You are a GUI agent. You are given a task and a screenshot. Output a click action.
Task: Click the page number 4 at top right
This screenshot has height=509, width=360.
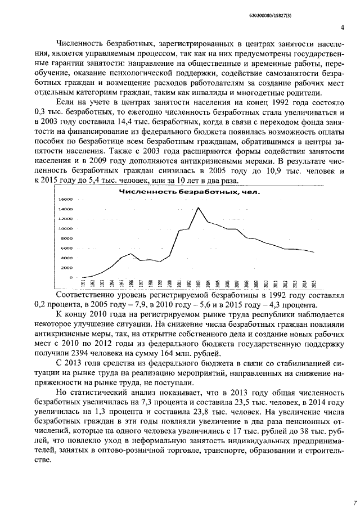[x=342, y=28]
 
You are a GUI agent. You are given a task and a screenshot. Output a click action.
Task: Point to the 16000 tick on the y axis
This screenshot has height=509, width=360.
[x=66, y=199]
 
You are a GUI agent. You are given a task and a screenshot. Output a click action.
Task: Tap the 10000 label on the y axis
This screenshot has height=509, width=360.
[x=66, y=228]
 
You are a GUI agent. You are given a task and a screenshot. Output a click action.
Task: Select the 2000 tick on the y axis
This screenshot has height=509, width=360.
[x=67, y=268]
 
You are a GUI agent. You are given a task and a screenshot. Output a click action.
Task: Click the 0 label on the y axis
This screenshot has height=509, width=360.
[x=71, y=277]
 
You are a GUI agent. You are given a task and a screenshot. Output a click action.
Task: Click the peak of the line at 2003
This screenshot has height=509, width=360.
[x=199, y=208]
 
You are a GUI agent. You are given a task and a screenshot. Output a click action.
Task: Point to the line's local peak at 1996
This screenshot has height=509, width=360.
[x=131, y=254]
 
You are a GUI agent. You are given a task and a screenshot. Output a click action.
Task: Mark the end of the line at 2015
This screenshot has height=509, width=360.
[x=314, y=252]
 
